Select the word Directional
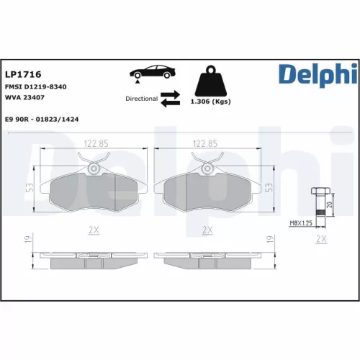141,99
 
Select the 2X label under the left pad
93,230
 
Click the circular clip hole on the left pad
94,168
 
